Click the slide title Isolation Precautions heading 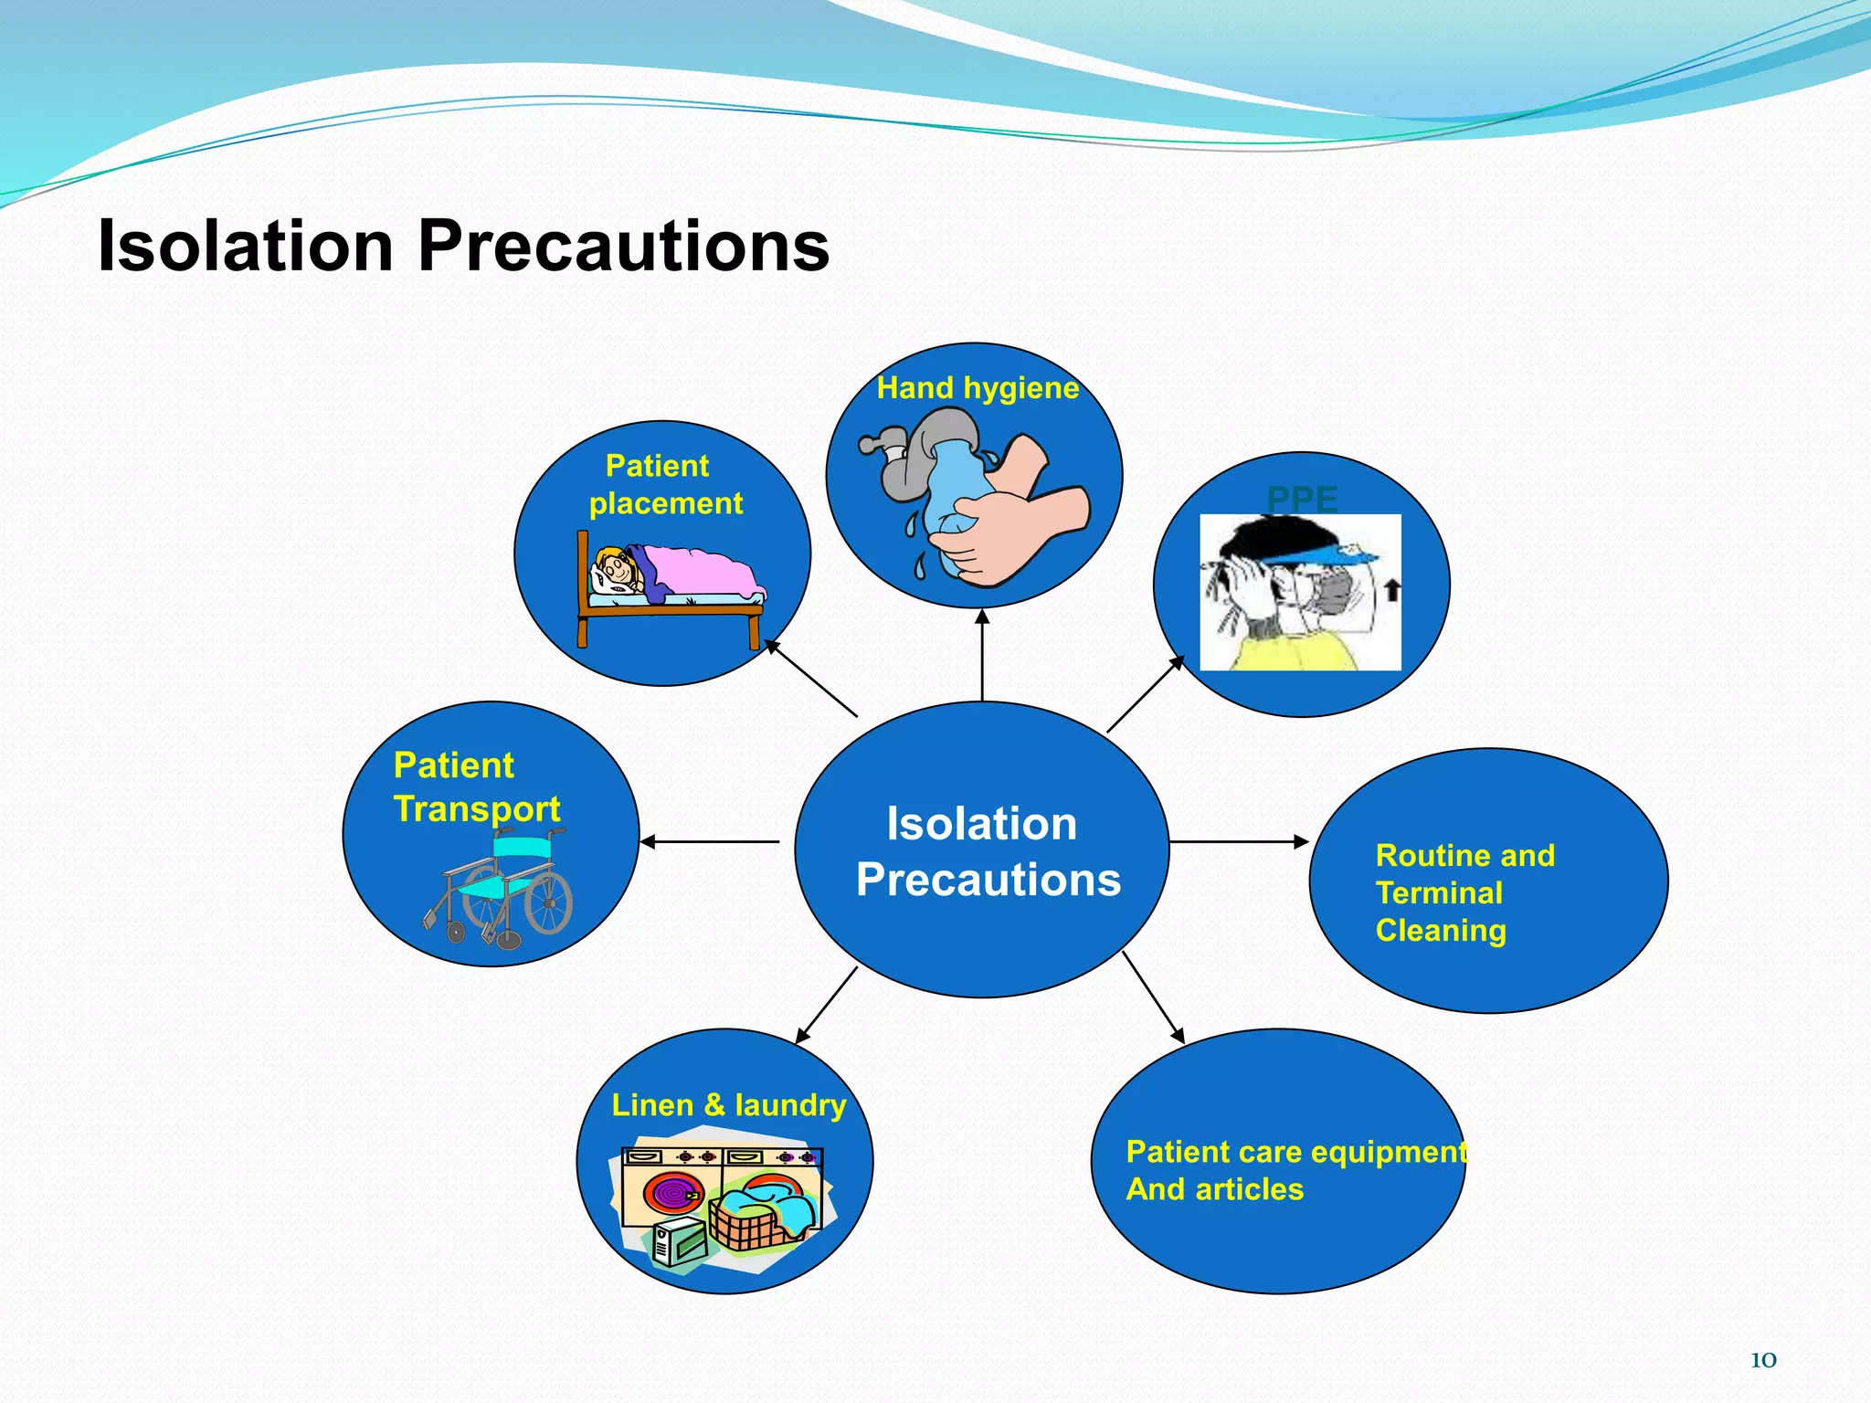pyautogui.click(x=463, y=247)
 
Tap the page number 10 pyautogui.click(x=1762, y=1360)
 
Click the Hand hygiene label pyautogui.click(x=978, y=388)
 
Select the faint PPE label pyautogui.click(x=1302, y=499)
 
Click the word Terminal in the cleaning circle pyautogui.click(x=1439, y=892)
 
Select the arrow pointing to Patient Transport pyautogui.click(x=708, y=841)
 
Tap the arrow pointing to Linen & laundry pyautogui.click(x=826, y=1006)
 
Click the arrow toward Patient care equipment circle pyautogui.click(x=1153, y=997)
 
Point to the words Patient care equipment pyautogui.click(x=1295, y=1152)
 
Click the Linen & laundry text pyautogui.click(x=728, y=1105)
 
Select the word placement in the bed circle pyautogui.click(x=665, y=503)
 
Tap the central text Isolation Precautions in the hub pyautogui.click(x=985, y=851)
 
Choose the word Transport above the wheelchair pyautogui.click(x=477, y=808)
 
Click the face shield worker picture pyautogui.click(x=1300, y=592)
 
